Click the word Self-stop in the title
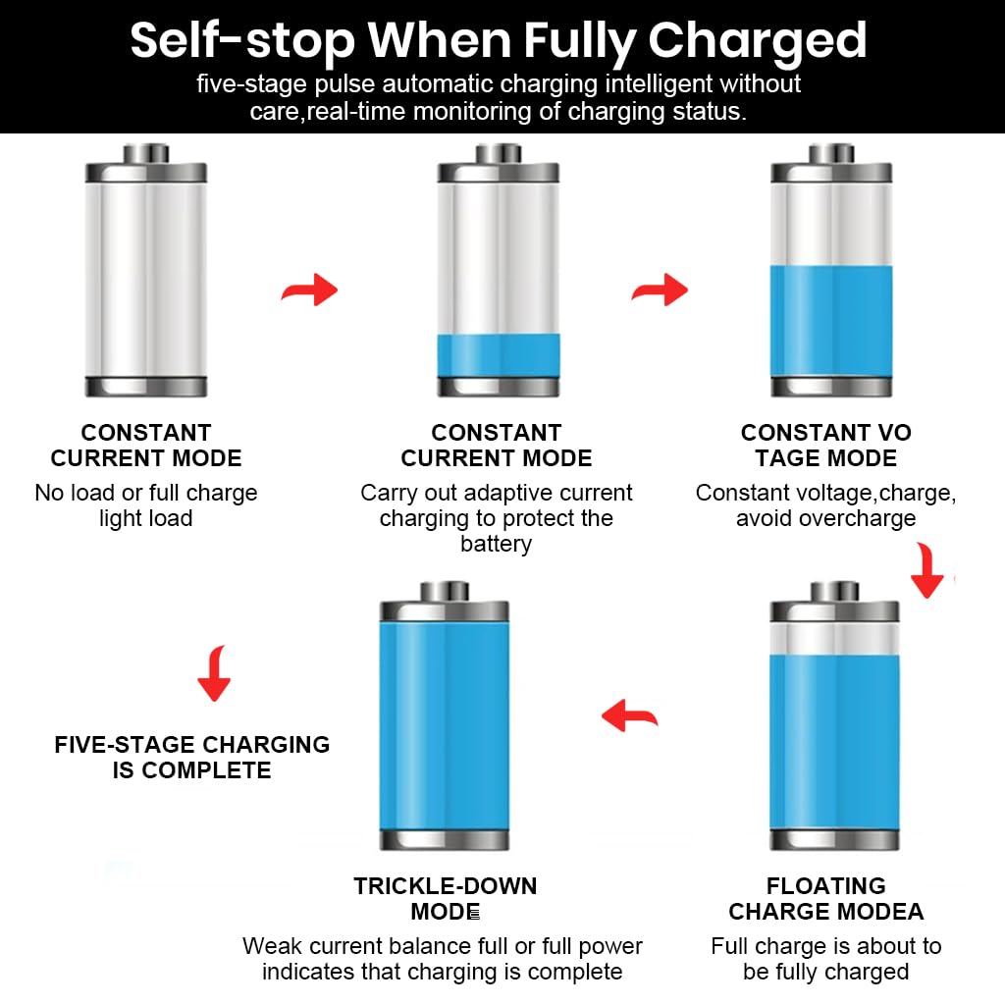242,41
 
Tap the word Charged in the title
757,41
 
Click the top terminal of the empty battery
146,154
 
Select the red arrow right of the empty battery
309,291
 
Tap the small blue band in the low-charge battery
498,355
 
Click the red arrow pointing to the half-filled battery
661,290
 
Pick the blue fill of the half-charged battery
831,321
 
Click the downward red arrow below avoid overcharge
927,570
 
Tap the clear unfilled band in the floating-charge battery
834,638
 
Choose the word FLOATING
826,886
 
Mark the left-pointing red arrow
629,715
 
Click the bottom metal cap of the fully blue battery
445,840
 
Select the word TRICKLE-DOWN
446,886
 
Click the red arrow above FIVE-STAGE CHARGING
215,673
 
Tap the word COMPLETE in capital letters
206,769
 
